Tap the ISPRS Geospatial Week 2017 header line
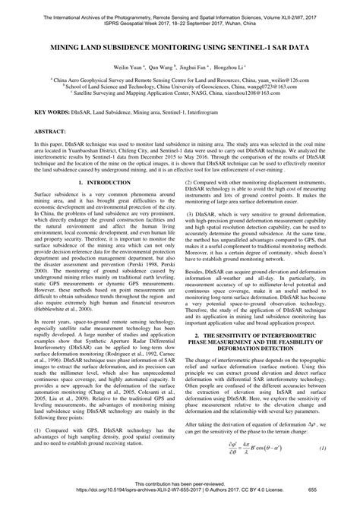point(179,13)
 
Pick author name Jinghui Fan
point(191,67)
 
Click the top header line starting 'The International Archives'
point(179,6)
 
